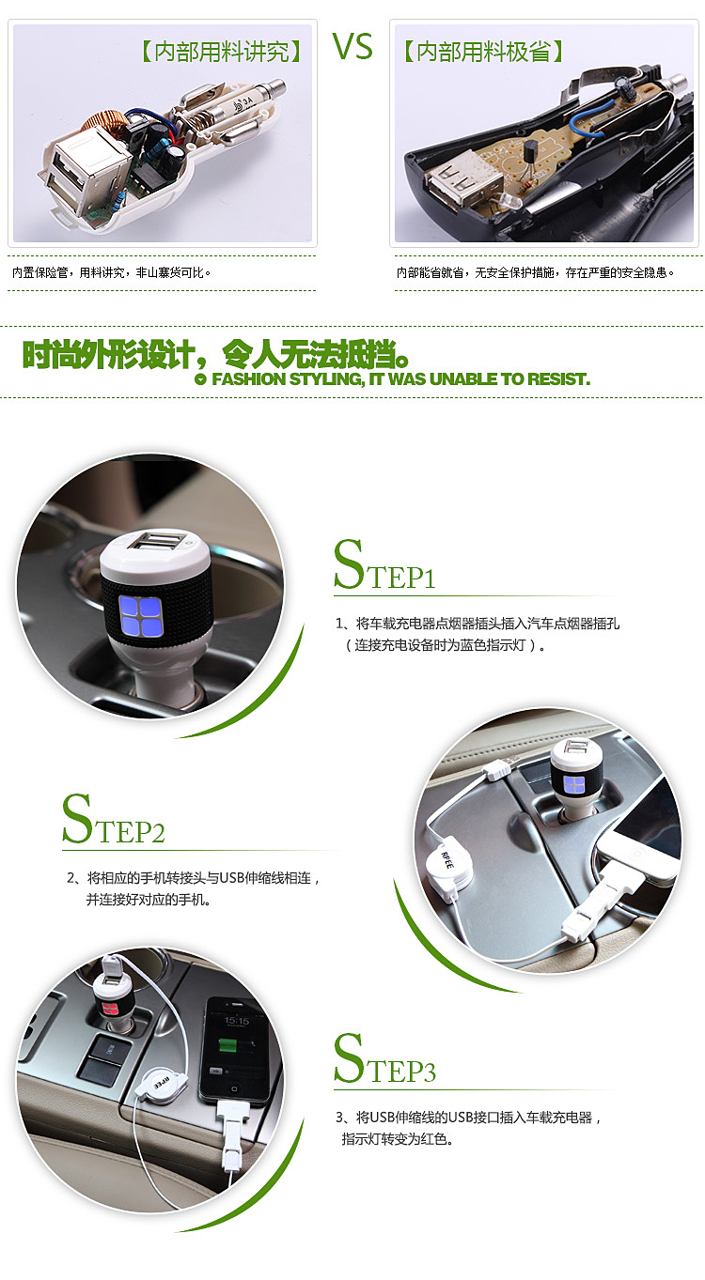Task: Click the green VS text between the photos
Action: [352, 47]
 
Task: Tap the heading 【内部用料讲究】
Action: [221, 52]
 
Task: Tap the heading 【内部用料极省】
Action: [483, 52]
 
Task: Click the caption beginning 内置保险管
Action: [112, 272]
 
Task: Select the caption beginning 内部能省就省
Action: [536, 272]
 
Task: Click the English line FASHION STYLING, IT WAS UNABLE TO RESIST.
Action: [400, 378]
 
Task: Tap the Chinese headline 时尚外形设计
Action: [215, 355]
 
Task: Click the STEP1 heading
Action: [384, 564]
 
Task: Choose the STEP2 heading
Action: [113, 819]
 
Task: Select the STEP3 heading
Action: [384, 1058]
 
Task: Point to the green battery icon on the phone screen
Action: [228, 1046]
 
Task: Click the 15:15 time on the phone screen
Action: [236, 1020]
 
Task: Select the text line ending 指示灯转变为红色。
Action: [398, 1139]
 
